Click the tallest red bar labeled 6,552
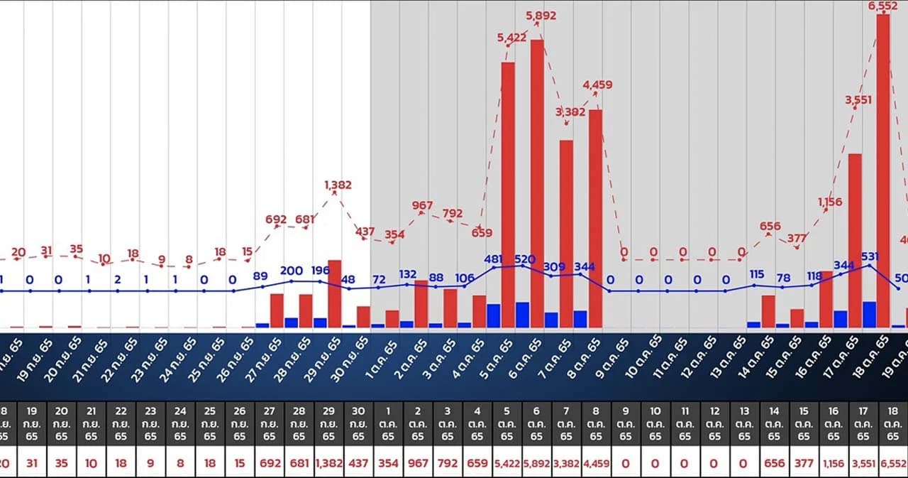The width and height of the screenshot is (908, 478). (x=883, y=170)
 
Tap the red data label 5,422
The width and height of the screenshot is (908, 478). (x=511, y=38)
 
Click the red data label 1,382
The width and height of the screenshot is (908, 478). (x=338, y=185)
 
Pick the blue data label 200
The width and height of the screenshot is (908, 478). (x=292, y=271)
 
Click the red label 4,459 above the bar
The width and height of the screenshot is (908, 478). (x=597, y=85)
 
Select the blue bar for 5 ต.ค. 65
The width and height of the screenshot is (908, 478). (x=494, y=315)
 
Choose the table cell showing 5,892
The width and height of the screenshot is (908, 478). (x=536, y=463)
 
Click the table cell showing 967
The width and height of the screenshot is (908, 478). (x=417, y=463)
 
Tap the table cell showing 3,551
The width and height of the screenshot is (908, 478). (x=863, y=463)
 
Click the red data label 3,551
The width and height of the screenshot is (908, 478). (x=858, y=100)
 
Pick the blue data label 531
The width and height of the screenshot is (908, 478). (x=870, y=256)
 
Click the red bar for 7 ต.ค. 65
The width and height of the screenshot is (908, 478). (x=566, y=234)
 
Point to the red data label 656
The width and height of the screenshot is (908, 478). (x=770, y=227)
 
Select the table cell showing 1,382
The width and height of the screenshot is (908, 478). (x=328, y=463)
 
